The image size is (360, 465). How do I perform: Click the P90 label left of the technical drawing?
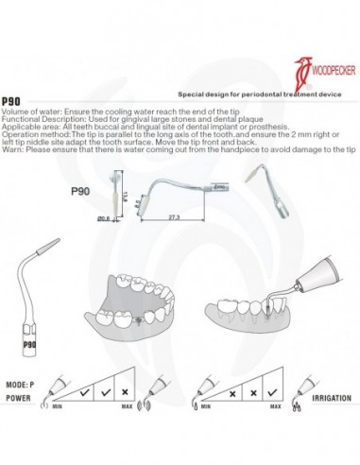point(80,190)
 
